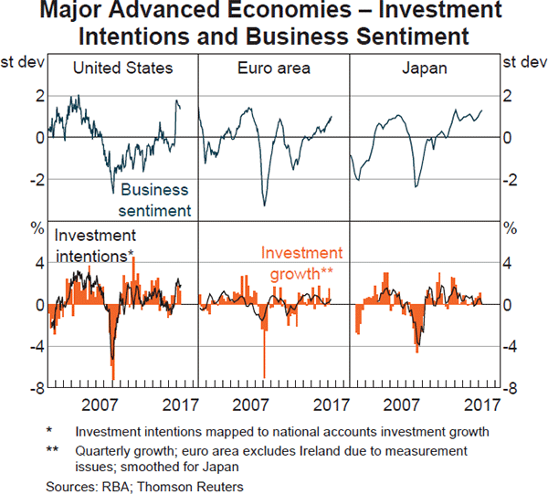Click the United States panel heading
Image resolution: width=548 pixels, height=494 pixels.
[122, 68]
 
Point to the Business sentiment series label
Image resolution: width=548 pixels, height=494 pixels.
[154, 200]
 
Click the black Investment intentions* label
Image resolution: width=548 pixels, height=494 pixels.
[95, 245]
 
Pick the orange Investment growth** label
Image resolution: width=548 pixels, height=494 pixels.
[301, 262]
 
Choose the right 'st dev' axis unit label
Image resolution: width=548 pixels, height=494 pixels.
[522, 64]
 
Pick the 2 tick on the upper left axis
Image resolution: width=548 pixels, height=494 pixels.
[38, 96]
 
